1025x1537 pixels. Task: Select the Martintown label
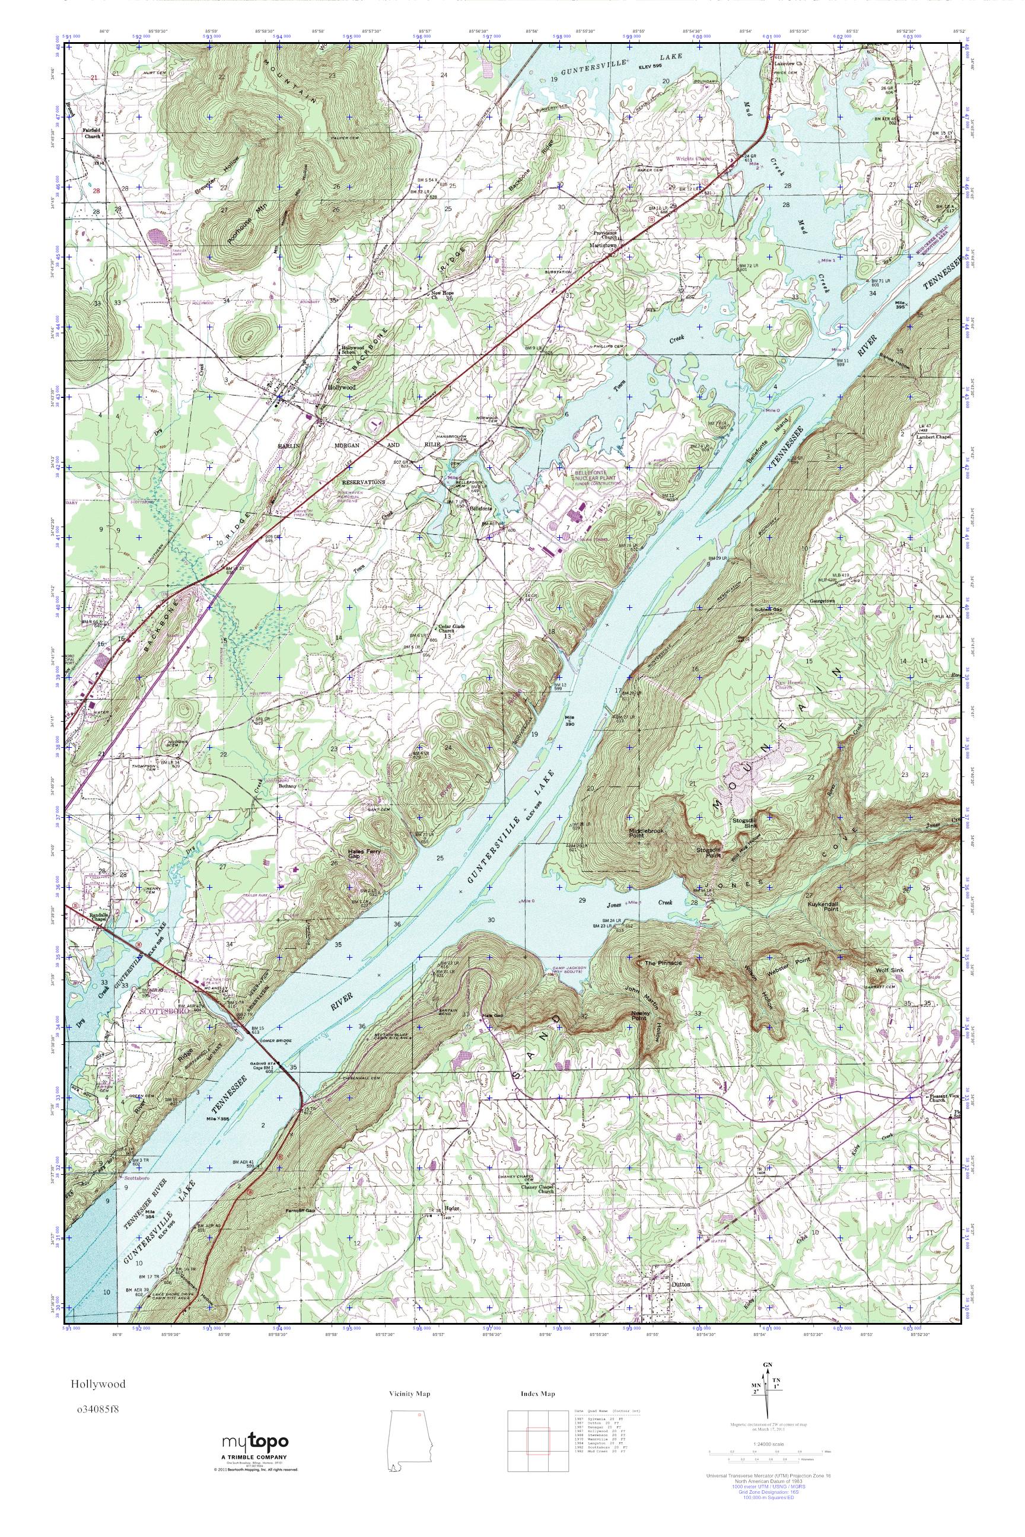604,245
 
